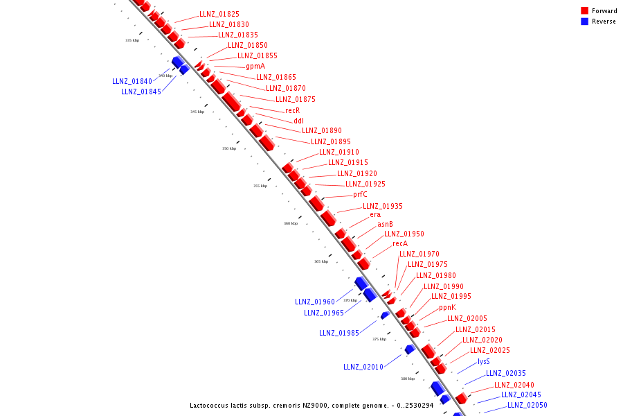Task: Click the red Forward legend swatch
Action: (585, 10)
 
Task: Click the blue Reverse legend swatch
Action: (585, 21)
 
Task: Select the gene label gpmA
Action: (255, 67)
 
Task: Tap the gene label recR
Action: (293, 110)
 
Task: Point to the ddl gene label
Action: (298, 121)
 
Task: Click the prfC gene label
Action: (360, 195)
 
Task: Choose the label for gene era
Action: (375, 215)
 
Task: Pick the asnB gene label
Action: (385, 225)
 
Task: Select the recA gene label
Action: (400, 244)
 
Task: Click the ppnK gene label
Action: (447, 307)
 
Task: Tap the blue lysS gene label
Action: (484, 362)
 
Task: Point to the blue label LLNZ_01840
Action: (132, 81)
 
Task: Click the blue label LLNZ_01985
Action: (339, 333)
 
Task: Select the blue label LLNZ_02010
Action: (363, 367)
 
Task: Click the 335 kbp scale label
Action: (132, 40)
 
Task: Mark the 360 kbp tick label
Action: (291, 223)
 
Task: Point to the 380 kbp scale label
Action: (408, 379)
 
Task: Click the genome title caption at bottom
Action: (311, 405)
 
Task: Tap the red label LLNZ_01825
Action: (219, 14)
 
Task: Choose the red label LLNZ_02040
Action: (514, 385)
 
